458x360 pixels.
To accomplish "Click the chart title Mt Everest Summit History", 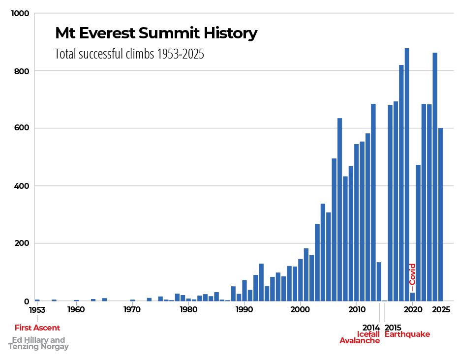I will coord(156,33).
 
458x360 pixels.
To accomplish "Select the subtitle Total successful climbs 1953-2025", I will coord(129,54).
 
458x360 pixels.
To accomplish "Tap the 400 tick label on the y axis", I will coord(23,186).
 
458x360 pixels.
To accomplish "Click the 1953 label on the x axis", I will coord(37,310).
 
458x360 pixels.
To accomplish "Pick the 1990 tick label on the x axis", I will coord(244,310).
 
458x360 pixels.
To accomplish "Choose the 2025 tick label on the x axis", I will coord(441,310).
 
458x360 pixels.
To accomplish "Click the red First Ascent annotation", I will coord(37,328).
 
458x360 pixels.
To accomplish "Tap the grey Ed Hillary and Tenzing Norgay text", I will coord(38,343).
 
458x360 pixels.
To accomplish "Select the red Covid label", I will coord(413,274).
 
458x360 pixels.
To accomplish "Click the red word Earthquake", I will coord(407,334).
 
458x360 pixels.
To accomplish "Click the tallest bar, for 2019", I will coord(407,174).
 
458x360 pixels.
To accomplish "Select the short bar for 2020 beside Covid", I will coord(413,297).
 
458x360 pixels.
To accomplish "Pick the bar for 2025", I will coord(441,214).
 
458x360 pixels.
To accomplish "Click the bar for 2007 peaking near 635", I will coord(339,209).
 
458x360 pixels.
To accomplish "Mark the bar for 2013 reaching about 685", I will coord(373,202).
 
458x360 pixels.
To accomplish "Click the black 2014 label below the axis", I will coord(371,328).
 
